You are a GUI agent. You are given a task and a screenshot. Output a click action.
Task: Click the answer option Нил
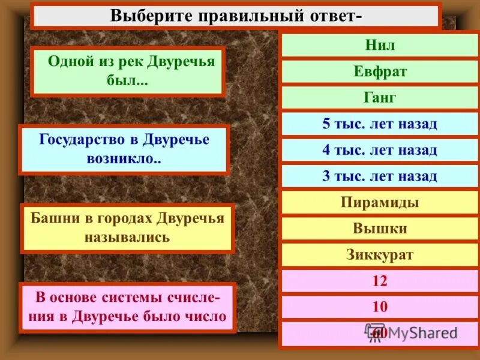tap(380, 46)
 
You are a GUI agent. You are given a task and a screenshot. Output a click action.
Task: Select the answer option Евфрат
tap(380, 71)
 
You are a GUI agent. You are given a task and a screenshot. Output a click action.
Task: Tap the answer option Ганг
tap(380, 98)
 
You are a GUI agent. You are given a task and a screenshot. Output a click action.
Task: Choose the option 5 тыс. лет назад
tap(380, 124)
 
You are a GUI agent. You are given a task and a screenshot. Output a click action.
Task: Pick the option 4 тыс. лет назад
tap(380, 150)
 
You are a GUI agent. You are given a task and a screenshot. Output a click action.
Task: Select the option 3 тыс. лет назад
tap(380, 176)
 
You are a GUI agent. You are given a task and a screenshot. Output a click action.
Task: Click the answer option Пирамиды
tap(380, 202)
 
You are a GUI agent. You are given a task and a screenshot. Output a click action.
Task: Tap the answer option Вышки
tap(380, 229)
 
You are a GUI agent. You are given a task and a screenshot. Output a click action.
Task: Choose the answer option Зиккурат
tap(380, 254)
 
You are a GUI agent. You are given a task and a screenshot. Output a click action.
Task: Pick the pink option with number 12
tap(380, 281)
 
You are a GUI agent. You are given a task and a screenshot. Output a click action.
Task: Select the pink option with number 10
tap(380, 307)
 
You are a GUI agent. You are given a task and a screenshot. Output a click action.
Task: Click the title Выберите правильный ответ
tap(236, 15)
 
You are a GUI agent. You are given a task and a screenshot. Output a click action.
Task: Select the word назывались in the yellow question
tap(127, 237)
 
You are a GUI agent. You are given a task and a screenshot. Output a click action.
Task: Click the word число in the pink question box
tap(208, 316)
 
